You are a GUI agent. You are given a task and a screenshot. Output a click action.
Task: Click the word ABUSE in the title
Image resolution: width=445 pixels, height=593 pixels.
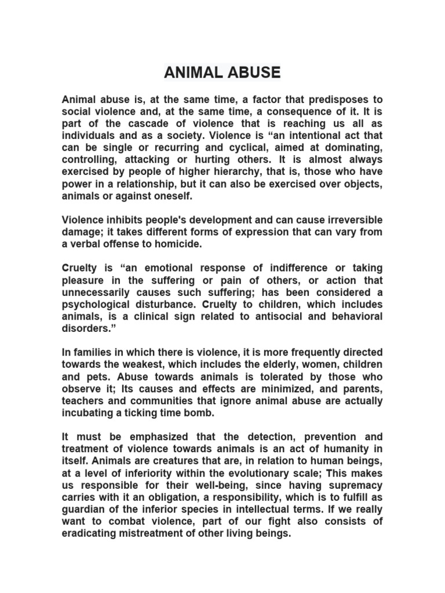[x=253, y=72]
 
